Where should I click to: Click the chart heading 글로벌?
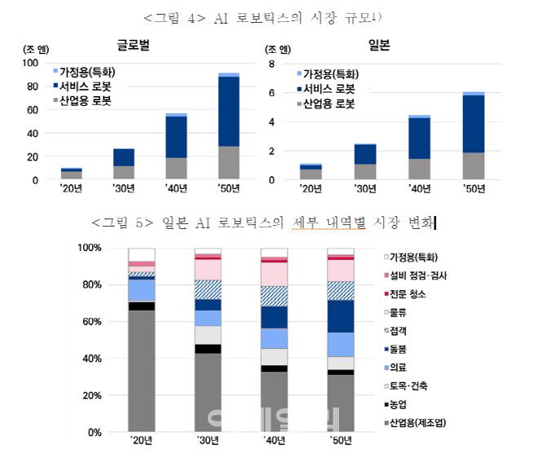click(134, 46)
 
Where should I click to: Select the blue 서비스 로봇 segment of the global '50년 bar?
click(229, 111)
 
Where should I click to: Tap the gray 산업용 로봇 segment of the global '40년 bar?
click(176, 168)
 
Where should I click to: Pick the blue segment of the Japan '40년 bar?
click(419, 138)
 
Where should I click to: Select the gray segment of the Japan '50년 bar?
click(473, 165)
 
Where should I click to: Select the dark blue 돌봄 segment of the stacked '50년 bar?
click(341, 316)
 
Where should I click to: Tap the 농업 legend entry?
click(403, 403)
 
